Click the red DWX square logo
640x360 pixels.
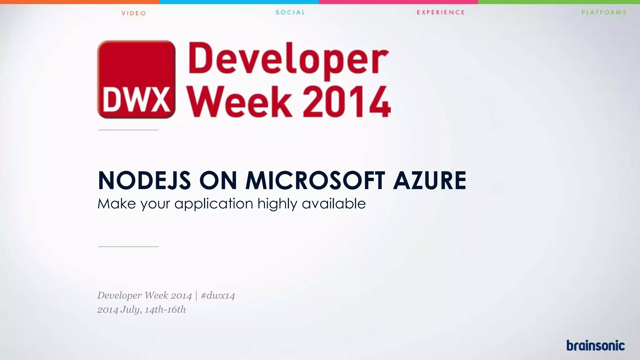pos(136,79)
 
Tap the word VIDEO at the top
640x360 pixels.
pos(134,13)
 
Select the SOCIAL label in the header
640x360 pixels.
pos(290,12)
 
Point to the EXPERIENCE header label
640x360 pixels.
pos(441,12)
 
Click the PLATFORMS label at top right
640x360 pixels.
pos(604,12)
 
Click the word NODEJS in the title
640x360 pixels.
pos(144,181)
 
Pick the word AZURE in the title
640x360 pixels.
pos(430,181)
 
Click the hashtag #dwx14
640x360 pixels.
pos(218,296)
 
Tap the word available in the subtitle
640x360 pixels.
pos(334,204)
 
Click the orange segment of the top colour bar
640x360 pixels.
pos(80,2)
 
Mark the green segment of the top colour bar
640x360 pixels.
pos(559,2)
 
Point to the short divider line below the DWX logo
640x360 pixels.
pos(128,130)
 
